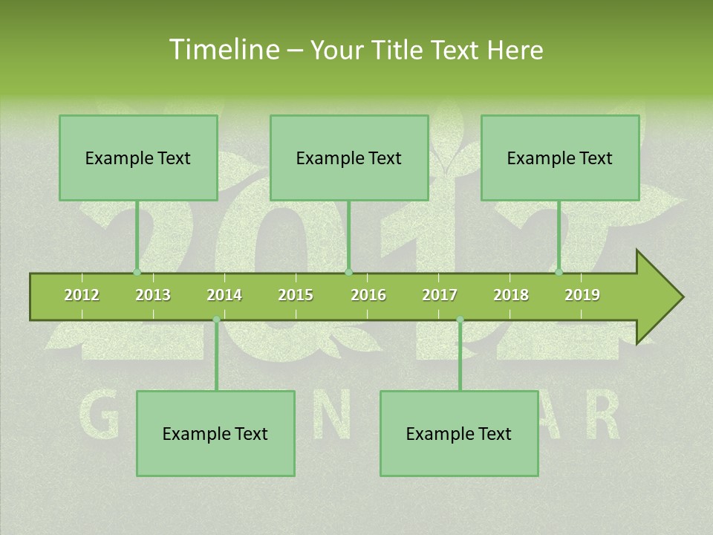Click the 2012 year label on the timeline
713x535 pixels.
coord(82,295)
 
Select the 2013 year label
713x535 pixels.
coord(153,295)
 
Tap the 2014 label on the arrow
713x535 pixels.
coord(224,295)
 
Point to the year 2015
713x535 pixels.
coord(296,295)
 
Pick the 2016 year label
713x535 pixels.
coord(368,295)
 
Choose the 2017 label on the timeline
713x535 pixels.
coord(440,295)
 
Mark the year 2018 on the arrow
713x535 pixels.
coord(511,295)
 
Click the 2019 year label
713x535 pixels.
coord(582,295)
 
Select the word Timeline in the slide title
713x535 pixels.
coord(223,50)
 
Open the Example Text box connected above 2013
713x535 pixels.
coord(138,158)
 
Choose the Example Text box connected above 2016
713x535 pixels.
coord(349,158)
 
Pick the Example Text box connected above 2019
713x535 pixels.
coord(560,158)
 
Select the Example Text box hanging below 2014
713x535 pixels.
coord(215,433)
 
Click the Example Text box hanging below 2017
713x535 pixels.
coord(459,433)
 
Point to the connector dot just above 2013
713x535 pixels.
coord(137,272)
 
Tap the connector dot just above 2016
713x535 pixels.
coord(349,272)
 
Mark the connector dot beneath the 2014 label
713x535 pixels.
coord(216,320)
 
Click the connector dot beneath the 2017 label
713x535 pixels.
coord(460,320)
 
